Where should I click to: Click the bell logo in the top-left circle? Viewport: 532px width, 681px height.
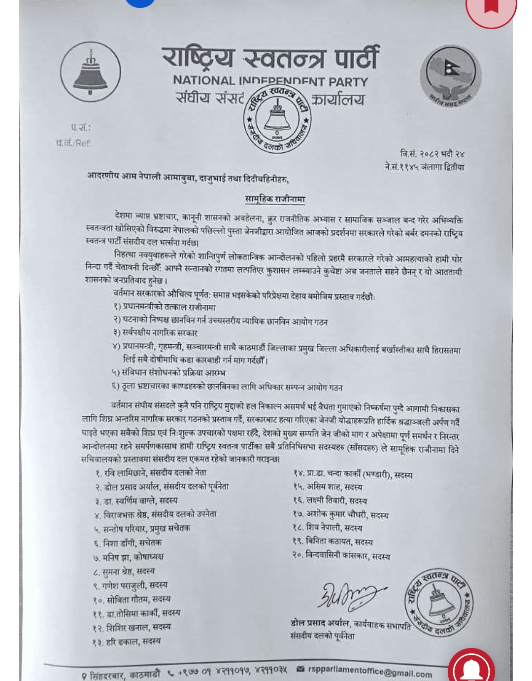coord(91,72)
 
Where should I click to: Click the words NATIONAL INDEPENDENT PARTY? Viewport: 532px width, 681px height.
coord(270,81)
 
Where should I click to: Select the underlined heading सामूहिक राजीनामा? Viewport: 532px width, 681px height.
coord(275,199)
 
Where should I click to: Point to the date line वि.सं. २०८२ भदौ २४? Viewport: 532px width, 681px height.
coord(432,154)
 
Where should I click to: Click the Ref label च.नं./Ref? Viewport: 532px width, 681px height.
coord(73,143)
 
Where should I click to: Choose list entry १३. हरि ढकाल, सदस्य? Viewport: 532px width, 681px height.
coord(126,642)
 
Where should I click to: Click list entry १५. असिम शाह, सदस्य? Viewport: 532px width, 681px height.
coord(328,487)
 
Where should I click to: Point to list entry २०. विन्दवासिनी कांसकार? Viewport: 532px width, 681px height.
coord(341,556)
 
